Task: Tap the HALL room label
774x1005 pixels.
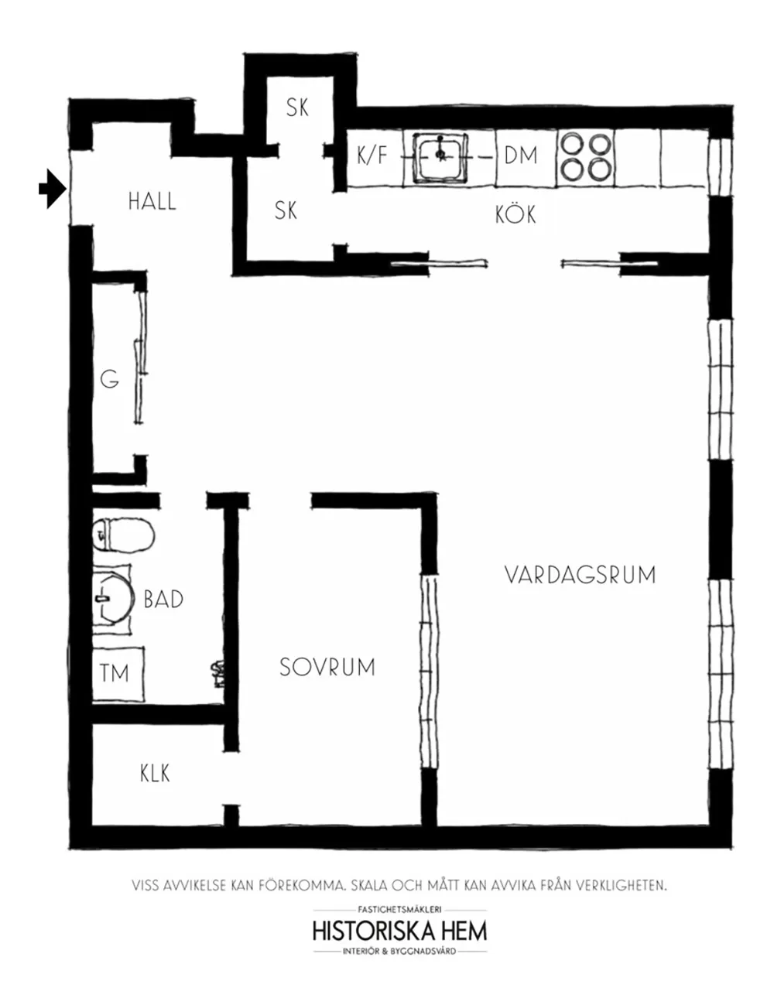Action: point(152,202)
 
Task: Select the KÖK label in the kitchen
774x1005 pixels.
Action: point(515,214)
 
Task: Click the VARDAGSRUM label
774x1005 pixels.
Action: point(580,575)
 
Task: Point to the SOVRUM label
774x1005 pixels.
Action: point(327,667)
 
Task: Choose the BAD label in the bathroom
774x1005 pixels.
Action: point(164,599)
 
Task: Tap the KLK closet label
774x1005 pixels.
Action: point(155,774)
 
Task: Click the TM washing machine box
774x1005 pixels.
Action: point(118,674)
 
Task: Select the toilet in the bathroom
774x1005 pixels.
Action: point(124,535)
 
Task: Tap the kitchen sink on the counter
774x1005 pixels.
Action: point(440,157)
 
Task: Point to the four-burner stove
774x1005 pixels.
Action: point(585,157)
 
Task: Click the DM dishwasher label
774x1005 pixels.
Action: point(521,156)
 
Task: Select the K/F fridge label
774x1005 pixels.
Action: point(372,155)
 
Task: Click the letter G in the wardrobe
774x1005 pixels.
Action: point(110,380)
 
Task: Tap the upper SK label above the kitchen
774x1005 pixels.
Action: point(297,108)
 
